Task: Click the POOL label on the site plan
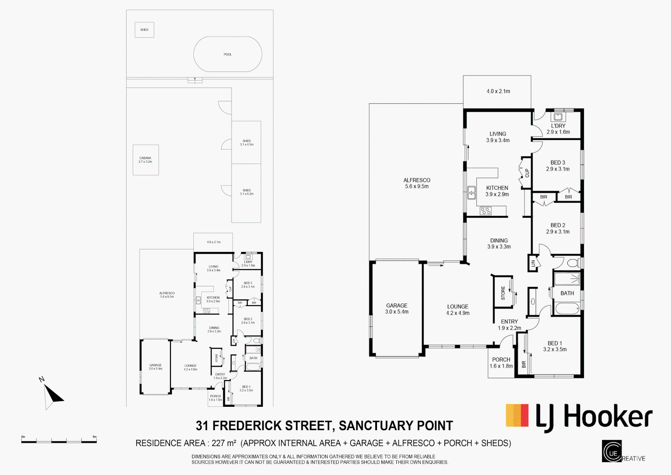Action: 228,55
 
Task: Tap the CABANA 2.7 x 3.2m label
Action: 145,160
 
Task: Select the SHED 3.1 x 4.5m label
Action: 247,142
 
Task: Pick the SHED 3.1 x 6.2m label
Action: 247,192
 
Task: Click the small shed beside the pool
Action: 144,30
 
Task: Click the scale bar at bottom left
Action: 59,440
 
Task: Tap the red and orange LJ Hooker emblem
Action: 517,416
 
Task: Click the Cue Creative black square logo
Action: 612,451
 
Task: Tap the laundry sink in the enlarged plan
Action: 558,117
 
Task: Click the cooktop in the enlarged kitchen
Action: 486,211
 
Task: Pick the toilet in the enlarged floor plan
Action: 573,263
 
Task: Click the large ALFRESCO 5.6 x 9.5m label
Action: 417,183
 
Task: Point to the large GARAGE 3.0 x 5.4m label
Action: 397,308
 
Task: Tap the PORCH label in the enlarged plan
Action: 501,362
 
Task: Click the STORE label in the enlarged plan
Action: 503,293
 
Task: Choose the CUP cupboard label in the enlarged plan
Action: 527,173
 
